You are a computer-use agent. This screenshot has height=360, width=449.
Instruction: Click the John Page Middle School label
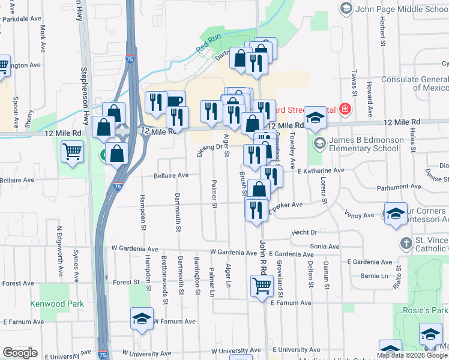click(399, 8)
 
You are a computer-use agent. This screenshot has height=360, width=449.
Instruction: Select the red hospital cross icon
click(345, 109)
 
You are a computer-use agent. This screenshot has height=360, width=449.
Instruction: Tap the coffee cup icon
click(174, 101)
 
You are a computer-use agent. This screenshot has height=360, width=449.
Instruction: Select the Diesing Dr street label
click(202, 146)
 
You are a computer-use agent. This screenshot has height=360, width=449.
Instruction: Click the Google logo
click(20, 353)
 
